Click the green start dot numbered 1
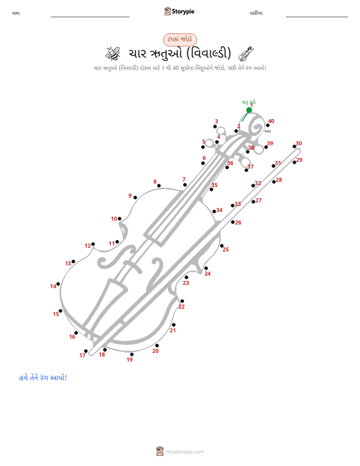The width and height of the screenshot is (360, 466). coord(249,110)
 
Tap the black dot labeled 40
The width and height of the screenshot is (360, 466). coord(268,125)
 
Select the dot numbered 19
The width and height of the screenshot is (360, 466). coord(132,354)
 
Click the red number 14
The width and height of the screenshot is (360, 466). coord(53,286)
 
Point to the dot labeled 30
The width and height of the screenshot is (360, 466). coord(294,146)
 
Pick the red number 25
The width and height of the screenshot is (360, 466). coord(226,249)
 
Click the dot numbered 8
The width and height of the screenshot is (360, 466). coord(159,186)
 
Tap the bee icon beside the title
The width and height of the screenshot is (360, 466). coord(113,53)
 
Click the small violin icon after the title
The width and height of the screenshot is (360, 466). coord(246,53)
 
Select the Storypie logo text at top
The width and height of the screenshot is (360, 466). coord(183,12)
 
